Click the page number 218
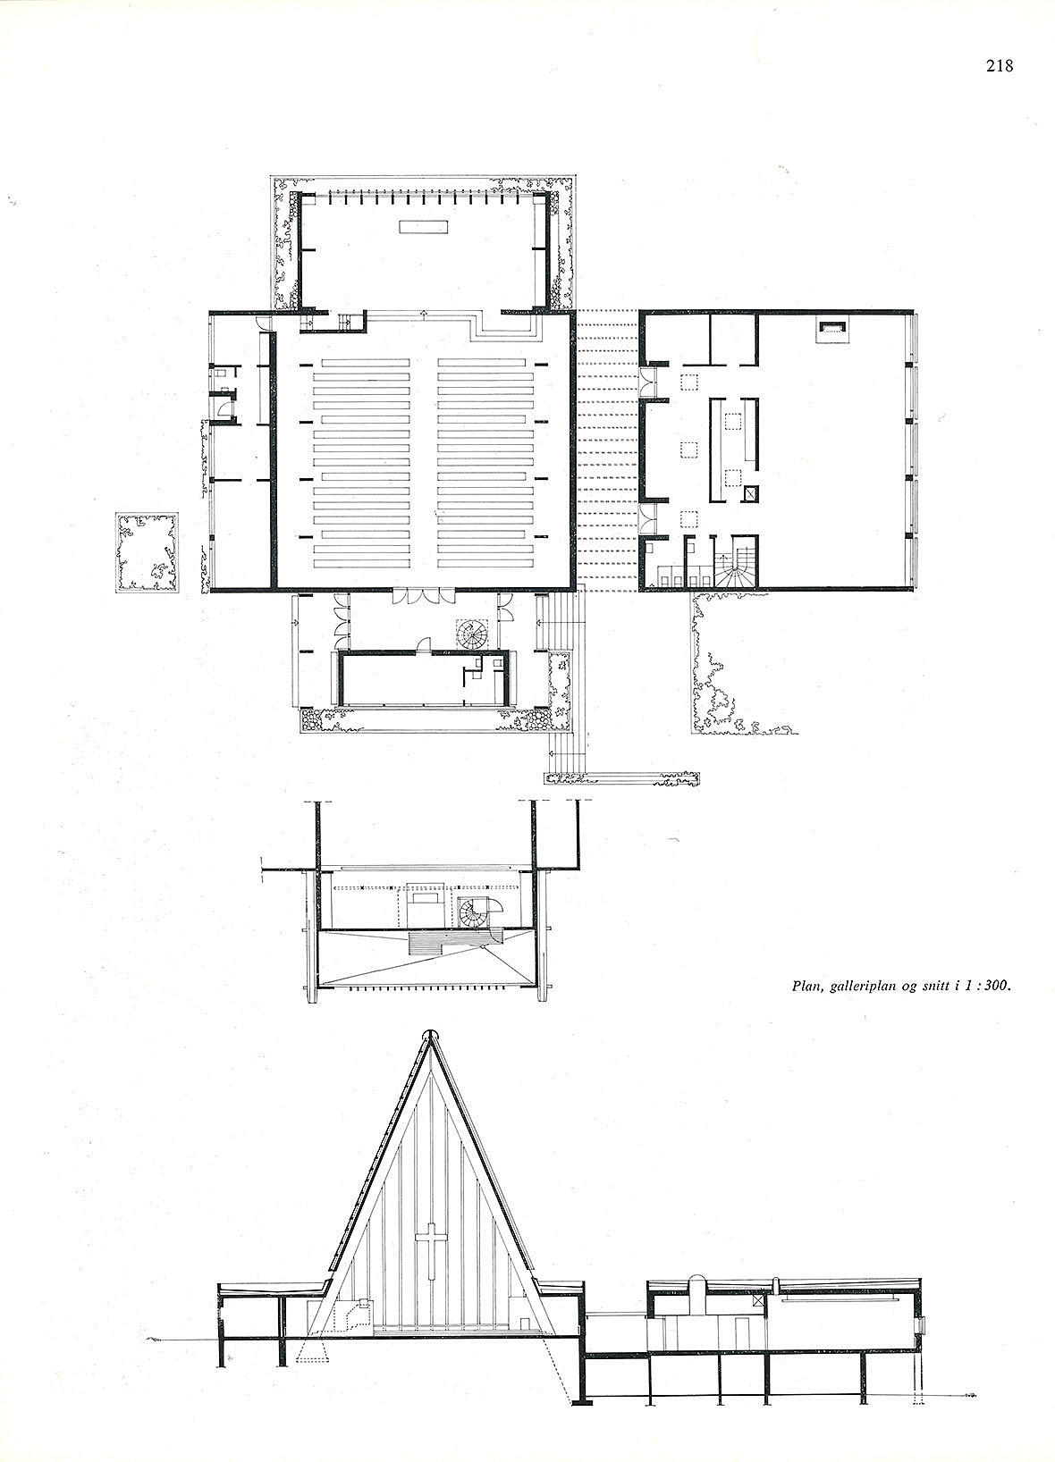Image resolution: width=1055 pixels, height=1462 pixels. point(999,66)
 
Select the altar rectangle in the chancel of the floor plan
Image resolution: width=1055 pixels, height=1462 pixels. point(425,226)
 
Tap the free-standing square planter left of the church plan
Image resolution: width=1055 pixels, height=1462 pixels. point(148,553)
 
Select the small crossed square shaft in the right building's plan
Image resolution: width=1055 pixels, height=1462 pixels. point(752,494)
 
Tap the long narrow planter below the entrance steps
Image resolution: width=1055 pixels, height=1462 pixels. point(621,778)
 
